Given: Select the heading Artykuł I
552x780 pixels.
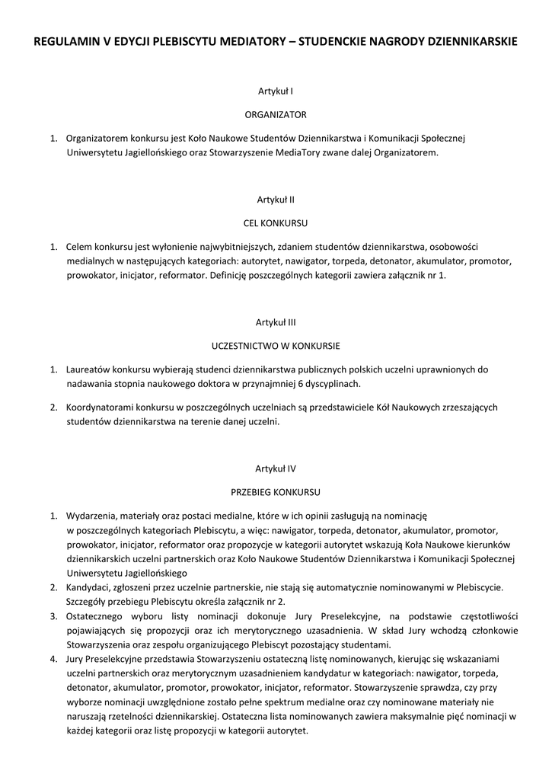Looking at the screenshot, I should coord(276,91).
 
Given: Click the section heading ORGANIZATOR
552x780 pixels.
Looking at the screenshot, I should coord(276,115).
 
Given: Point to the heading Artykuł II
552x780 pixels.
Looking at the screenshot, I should coord(276,200).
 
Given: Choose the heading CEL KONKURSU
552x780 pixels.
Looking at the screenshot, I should coord(276,223).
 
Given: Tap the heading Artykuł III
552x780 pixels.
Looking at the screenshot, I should coord(276,321).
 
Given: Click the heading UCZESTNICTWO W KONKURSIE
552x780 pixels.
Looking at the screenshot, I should coord(276,345).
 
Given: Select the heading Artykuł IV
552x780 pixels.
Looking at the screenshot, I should coord(276,468).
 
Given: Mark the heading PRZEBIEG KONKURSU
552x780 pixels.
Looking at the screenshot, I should coord(276,491).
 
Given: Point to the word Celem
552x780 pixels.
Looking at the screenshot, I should coord(79,247).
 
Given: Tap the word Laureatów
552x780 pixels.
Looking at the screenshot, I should coord(89,369).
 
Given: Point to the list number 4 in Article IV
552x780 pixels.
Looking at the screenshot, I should coord(53,658).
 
